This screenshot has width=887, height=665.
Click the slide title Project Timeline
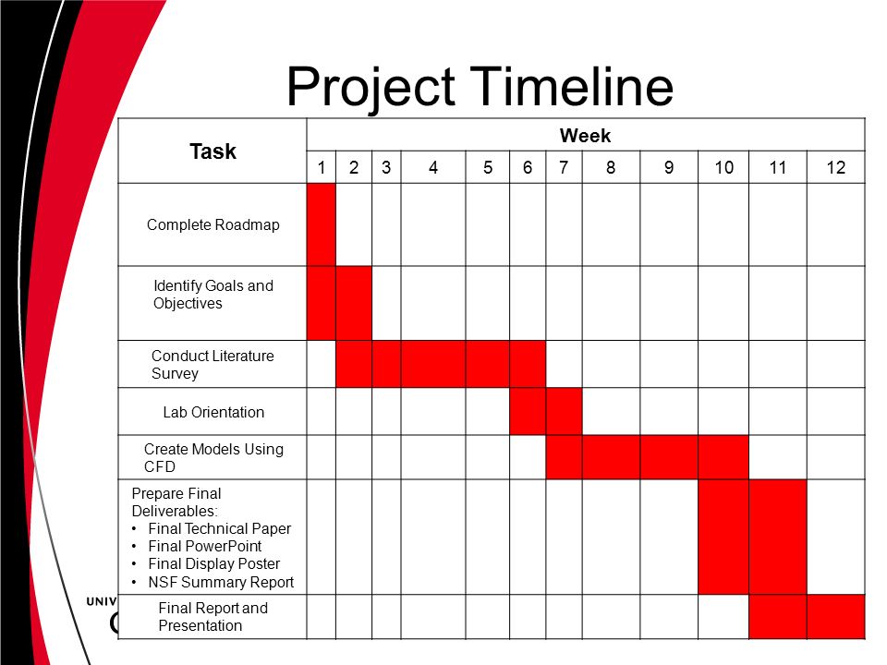[480, 87]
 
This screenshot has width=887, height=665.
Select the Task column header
[213, 151]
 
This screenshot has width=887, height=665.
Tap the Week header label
[585, 136]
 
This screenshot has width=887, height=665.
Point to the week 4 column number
[433, 167]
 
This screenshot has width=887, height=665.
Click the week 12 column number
[835, 167]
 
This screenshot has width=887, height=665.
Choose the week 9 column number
[669, 167]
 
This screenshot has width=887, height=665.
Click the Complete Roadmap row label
[213, 225]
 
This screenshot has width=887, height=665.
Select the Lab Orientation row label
[213, 412]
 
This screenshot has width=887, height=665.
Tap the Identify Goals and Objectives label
[213, 294]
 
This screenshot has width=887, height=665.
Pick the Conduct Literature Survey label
[213, 364]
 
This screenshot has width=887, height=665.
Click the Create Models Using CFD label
[213, 457]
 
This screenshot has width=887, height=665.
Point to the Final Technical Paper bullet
[220, 528]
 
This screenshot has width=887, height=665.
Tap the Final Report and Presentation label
[213, 616]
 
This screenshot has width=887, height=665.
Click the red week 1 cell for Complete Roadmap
[322, 224]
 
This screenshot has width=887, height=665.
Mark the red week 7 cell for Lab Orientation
[564, 411]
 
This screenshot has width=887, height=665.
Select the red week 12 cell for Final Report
[836, 616]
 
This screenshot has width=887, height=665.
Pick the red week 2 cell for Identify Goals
[354, 303]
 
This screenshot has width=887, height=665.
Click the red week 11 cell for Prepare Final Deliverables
[778, 537]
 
